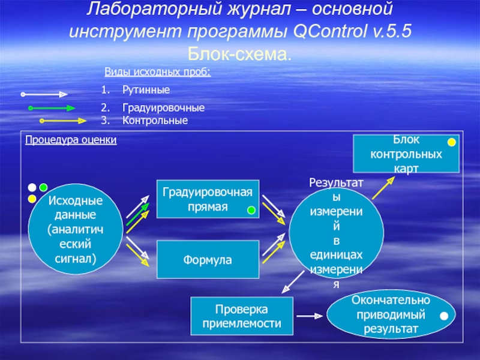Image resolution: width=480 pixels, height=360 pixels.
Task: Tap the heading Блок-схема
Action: (240, 54)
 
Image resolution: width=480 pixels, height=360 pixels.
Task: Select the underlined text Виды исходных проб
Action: (158, 73)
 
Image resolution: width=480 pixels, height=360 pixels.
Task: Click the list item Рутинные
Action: (146, 90)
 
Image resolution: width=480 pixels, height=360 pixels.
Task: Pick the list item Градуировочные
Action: (163, 109)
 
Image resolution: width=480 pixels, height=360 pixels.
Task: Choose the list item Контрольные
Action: (155, 121)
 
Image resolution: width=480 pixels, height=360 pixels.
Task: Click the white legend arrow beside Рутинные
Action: (44, 94)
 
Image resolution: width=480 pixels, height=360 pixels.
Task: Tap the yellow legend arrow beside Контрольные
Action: (63, 121)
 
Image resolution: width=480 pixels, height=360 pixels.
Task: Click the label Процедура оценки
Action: (71, 140)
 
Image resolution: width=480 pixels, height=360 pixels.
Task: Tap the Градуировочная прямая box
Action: (208, 199)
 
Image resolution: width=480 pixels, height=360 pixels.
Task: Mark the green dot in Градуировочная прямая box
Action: (251, 209)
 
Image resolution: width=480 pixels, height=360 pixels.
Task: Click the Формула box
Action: (208, 259)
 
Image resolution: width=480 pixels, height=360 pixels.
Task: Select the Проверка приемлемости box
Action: (243, 316)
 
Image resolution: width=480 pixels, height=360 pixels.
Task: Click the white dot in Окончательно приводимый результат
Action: (443, 316)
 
